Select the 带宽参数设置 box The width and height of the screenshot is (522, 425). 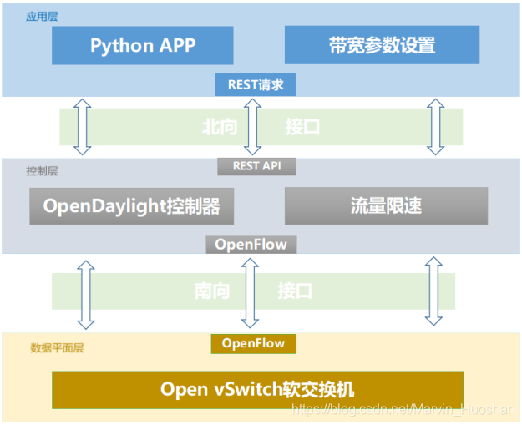click(x=382, y=45)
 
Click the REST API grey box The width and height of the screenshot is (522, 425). click(x=256, y=166)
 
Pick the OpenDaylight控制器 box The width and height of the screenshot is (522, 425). click(x=131, y=205)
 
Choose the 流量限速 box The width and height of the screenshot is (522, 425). click(x=386, y=205)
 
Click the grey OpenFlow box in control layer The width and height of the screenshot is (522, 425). click(x=251, y=244)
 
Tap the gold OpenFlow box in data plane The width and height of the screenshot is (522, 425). click(x=253, y=343)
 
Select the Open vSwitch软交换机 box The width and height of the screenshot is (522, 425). click(x=257, y=389)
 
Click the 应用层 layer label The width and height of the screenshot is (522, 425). click(x=43, y=17)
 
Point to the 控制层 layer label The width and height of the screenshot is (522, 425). click(x=42, y=170)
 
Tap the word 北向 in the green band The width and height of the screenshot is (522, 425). click(x=220, y=127)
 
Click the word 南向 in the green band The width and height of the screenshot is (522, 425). click(x=213, y=291)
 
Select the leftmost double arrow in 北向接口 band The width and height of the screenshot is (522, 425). click(x=82, y=127)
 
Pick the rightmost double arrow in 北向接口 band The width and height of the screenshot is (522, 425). click(x=435, y=127)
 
